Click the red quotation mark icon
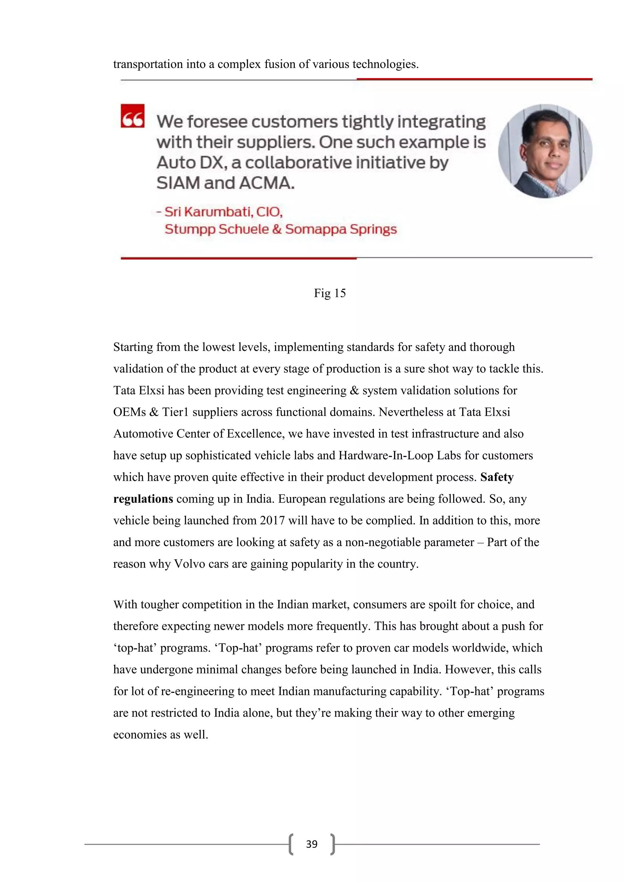point(133,116)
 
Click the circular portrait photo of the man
point(545,151)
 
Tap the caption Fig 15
point(330,293)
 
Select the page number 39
point(312,844)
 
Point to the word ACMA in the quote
point(267,183)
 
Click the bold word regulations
point(143,499)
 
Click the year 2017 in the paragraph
point(272,520)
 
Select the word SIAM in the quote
point(178,183)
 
